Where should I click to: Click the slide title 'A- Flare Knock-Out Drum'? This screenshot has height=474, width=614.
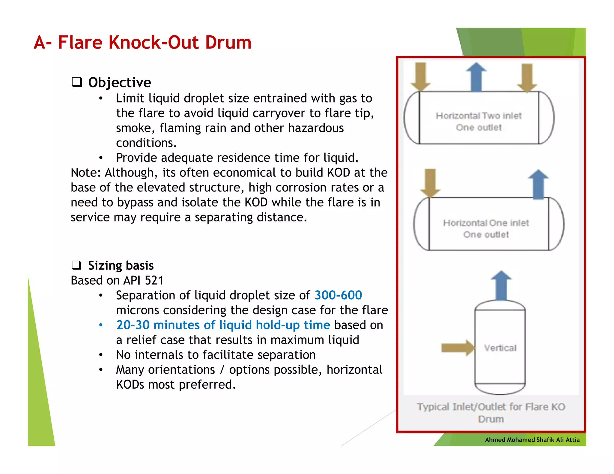(142, 42)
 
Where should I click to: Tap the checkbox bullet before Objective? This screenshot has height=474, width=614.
(77, 82)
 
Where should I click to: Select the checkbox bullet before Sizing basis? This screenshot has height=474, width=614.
(76, 265)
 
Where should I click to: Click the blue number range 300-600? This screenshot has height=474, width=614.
(338, 295)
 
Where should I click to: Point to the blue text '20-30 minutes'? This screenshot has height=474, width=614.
(158, 325)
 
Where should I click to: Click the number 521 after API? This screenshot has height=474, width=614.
(154, 280)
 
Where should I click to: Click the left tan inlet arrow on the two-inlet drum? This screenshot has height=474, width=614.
(421, 77)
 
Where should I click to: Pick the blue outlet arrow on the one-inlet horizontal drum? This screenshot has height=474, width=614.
(538, 184)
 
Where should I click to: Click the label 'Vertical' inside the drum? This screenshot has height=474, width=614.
(500, 348)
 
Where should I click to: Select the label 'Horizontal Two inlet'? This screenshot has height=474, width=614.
(478, 116)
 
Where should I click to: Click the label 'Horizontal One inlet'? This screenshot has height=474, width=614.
(486, 223)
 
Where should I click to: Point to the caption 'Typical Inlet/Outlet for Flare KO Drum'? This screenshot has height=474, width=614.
(491, 413)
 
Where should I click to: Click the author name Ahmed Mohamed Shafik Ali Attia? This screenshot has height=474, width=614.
(532, 440)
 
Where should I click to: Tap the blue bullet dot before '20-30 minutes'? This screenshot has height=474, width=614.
(101, 325)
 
